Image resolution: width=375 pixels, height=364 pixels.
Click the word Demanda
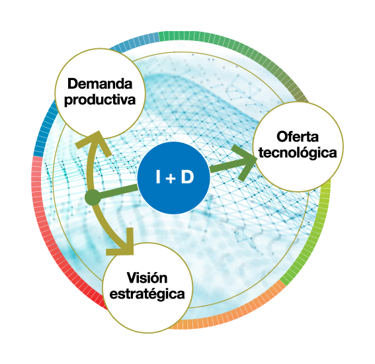100,84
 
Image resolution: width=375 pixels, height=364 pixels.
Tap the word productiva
100,100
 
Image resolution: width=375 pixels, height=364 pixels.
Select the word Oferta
298,137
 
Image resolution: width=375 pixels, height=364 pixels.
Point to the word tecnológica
298,153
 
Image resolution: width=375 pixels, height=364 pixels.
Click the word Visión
147,278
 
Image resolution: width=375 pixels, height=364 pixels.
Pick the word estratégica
147,294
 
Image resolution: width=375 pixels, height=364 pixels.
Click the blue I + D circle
174,178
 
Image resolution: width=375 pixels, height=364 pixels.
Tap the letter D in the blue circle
187,177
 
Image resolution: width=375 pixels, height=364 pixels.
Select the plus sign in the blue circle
170,179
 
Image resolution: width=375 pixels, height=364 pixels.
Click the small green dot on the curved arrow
93,198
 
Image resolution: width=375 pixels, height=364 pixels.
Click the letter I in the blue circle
158,177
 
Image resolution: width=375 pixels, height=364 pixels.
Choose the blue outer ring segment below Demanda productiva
44,129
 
